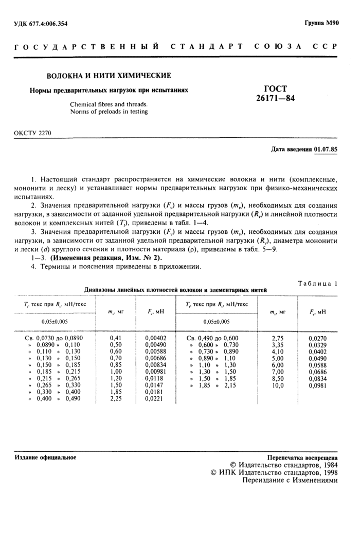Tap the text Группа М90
pos(321,23)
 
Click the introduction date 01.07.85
pos(326,150)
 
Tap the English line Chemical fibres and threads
pos(109,104)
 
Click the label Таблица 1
pos(318,283)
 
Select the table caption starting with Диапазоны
pos(175,290)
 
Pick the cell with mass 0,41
pos(115,338)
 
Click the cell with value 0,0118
pos(154,378)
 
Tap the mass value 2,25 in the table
pos(115,398)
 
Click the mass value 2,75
pos(277,338)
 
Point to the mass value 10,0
pos(277,384)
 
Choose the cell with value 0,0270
pos(316,338)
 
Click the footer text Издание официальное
pos(45,457)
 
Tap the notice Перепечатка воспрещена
pos(302,457)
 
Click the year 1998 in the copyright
pos(327,471)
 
